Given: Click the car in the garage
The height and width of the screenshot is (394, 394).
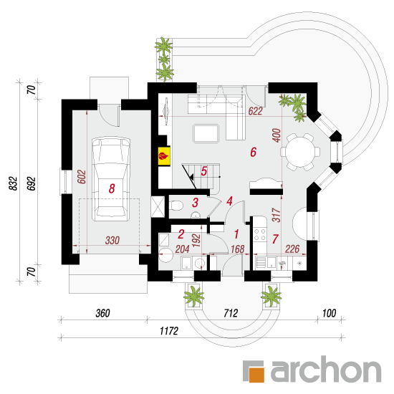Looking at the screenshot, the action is (x=111, y=179).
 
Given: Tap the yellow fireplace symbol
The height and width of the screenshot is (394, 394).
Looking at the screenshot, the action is (x=164, y=156).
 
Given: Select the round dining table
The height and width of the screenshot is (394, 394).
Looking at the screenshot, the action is (x=300, y=152).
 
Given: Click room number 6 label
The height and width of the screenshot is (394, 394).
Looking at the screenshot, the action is (x=254, y=152).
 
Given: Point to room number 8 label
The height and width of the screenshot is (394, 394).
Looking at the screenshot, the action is (x=112, y=188).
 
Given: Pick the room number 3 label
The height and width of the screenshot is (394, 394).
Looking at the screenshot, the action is (x=196, y=203).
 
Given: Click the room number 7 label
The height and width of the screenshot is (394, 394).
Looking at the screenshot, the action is (x=275, y=239).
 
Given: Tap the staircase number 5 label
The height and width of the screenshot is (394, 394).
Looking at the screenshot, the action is (x=203, y=171).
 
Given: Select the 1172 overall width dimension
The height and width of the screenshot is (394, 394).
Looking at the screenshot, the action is (x=169, y=331).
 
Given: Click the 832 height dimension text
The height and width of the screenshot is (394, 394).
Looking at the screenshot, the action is (x=14, y=183).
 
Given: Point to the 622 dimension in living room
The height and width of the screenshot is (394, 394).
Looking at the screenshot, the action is (x=255, y=111).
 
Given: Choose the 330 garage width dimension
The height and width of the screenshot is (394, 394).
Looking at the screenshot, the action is (x=112, y=240).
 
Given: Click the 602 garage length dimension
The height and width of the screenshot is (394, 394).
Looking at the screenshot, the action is (x=82, y=177).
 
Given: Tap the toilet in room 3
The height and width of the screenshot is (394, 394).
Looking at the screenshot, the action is (x=176, y=206).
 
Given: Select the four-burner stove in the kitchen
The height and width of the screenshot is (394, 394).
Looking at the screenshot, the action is (x=260, y=234).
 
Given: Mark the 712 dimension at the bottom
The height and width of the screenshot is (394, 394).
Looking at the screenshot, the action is (x=231, y=313).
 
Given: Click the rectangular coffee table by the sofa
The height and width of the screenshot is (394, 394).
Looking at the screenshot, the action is (x=206, y=133).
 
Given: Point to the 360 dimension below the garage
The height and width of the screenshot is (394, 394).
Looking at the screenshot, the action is (x=102, y=313).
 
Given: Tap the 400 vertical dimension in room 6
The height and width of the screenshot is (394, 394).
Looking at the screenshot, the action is (x=277, y=135).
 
